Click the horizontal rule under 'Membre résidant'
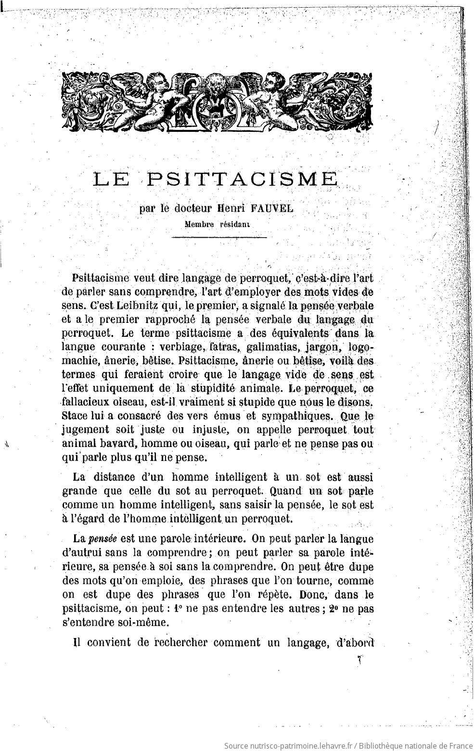219,237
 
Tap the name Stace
76,415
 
